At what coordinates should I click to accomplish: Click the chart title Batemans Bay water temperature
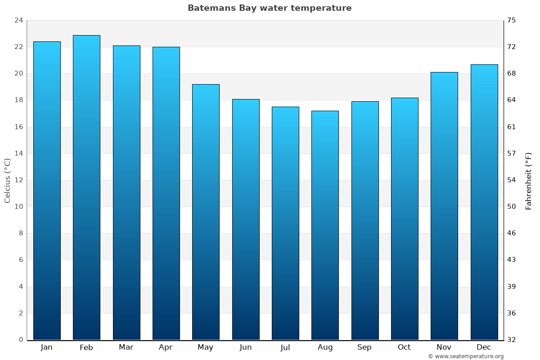[270, 8]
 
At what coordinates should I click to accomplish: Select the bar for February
[86, 187]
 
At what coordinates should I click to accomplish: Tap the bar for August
[325, 225]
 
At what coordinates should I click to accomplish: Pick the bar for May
[206, 211]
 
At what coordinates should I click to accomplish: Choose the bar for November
[444, 206]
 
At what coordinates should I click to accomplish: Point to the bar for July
[285, 223]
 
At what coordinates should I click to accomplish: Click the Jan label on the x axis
[46, 347]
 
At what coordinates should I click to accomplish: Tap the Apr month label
[166, 347]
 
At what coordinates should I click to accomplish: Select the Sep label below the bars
[364, 347]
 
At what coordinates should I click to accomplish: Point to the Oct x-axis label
[404, 347]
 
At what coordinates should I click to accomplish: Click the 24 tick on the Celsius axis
[18, 20]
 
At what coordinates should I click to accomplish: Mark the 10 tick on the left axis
[18, 207]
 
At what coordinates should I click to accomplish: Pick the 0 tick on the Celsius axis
[21, 340]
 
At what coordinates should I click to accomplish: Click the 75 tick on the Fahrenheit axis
[512, 20]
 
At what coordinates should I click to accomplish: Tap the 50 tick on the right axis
[512, 207]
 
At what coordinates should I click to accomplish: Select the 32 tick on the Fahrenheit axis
[512, 340]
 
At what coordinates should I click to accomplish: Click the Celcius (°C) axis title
[7, 180]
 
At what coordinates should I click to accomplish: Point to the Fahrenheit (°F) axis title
[529, 180]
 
